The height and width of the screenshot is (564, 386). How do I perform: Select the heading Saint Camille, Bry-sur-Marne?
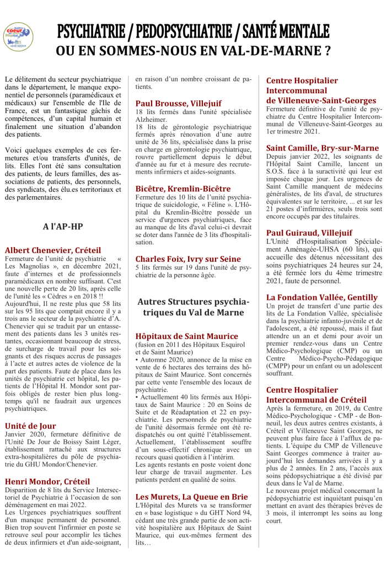click(323, 148)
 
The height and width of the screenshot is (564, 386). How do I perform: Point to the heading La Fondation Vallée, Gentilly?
click(321, 297)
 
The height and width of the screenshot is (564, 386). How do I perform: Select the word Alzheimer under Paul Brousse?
click(151, 120)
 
